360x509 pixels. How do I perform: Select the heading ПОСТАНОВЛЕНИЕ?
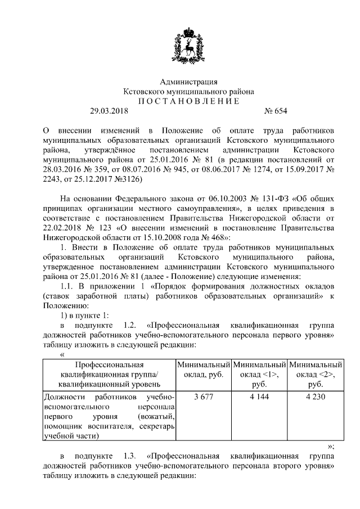[181, 101]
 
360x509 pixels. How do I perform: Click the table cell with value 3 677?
[204, 398]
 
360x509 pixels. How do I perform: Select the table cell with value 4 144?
[259, 398]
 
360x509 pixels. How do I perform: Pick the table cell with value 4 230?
[316, 398]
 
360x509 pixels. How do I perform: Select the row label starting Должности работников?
[109, 416]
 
